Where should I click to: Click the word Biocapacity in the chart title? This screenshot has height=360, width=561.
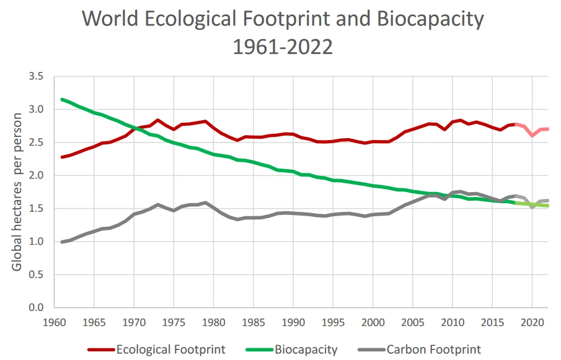tap(430, 19)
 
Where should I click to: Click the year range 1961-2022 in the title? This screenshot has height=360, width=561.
tap(283, 46)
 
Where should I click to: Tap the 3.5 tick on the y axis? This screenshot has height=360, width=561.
tap(36, 76)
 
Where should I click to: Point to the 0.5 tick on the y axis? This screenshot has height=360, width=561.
tap(36, 274)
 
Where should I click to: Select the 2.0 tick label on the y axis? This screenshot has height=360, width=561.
tap(36, 175)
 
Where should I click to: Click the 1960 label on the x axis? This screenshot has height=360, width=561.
tap(54, 323)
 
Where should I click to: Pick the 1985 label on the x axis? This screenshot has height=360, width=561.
tap(253, 323)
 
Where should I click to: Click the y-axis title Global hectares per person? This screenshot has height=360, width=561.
tap(17, 191)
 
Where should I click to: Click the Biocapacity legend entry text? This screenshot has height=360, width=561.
tap(306, 349)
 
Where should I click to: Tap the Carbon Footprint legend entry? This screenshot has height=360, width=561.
tap(433, 349)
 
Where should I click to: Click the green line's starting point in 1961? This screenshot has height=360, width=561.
tap(62, 99)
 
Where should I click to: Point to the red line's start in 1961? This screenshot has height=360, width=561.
tap(62, 157)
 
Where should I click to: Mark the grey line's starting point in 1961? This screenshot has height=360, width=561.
tap(62, 242)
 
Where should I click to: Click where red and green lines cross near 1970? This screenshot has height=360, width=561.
tap(135, 128)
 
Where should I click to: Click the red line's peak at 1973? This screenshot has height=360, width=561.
tap(158, 120)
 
